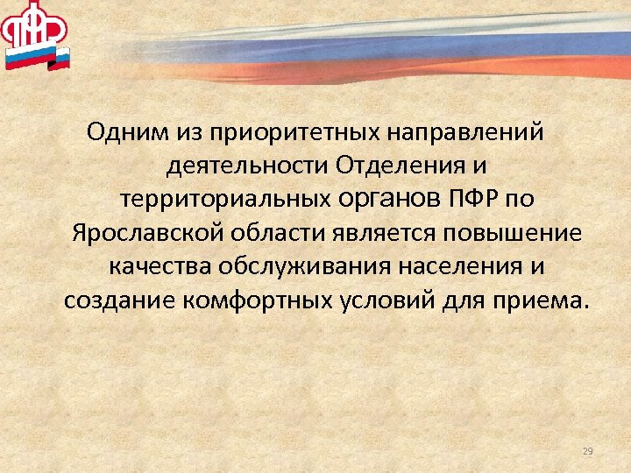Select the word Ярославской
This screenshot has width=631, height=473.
(148, 233)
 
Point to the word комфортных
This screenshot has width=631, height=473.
(235, 300)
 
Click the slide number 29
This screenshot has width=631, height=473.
(587, 451)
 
